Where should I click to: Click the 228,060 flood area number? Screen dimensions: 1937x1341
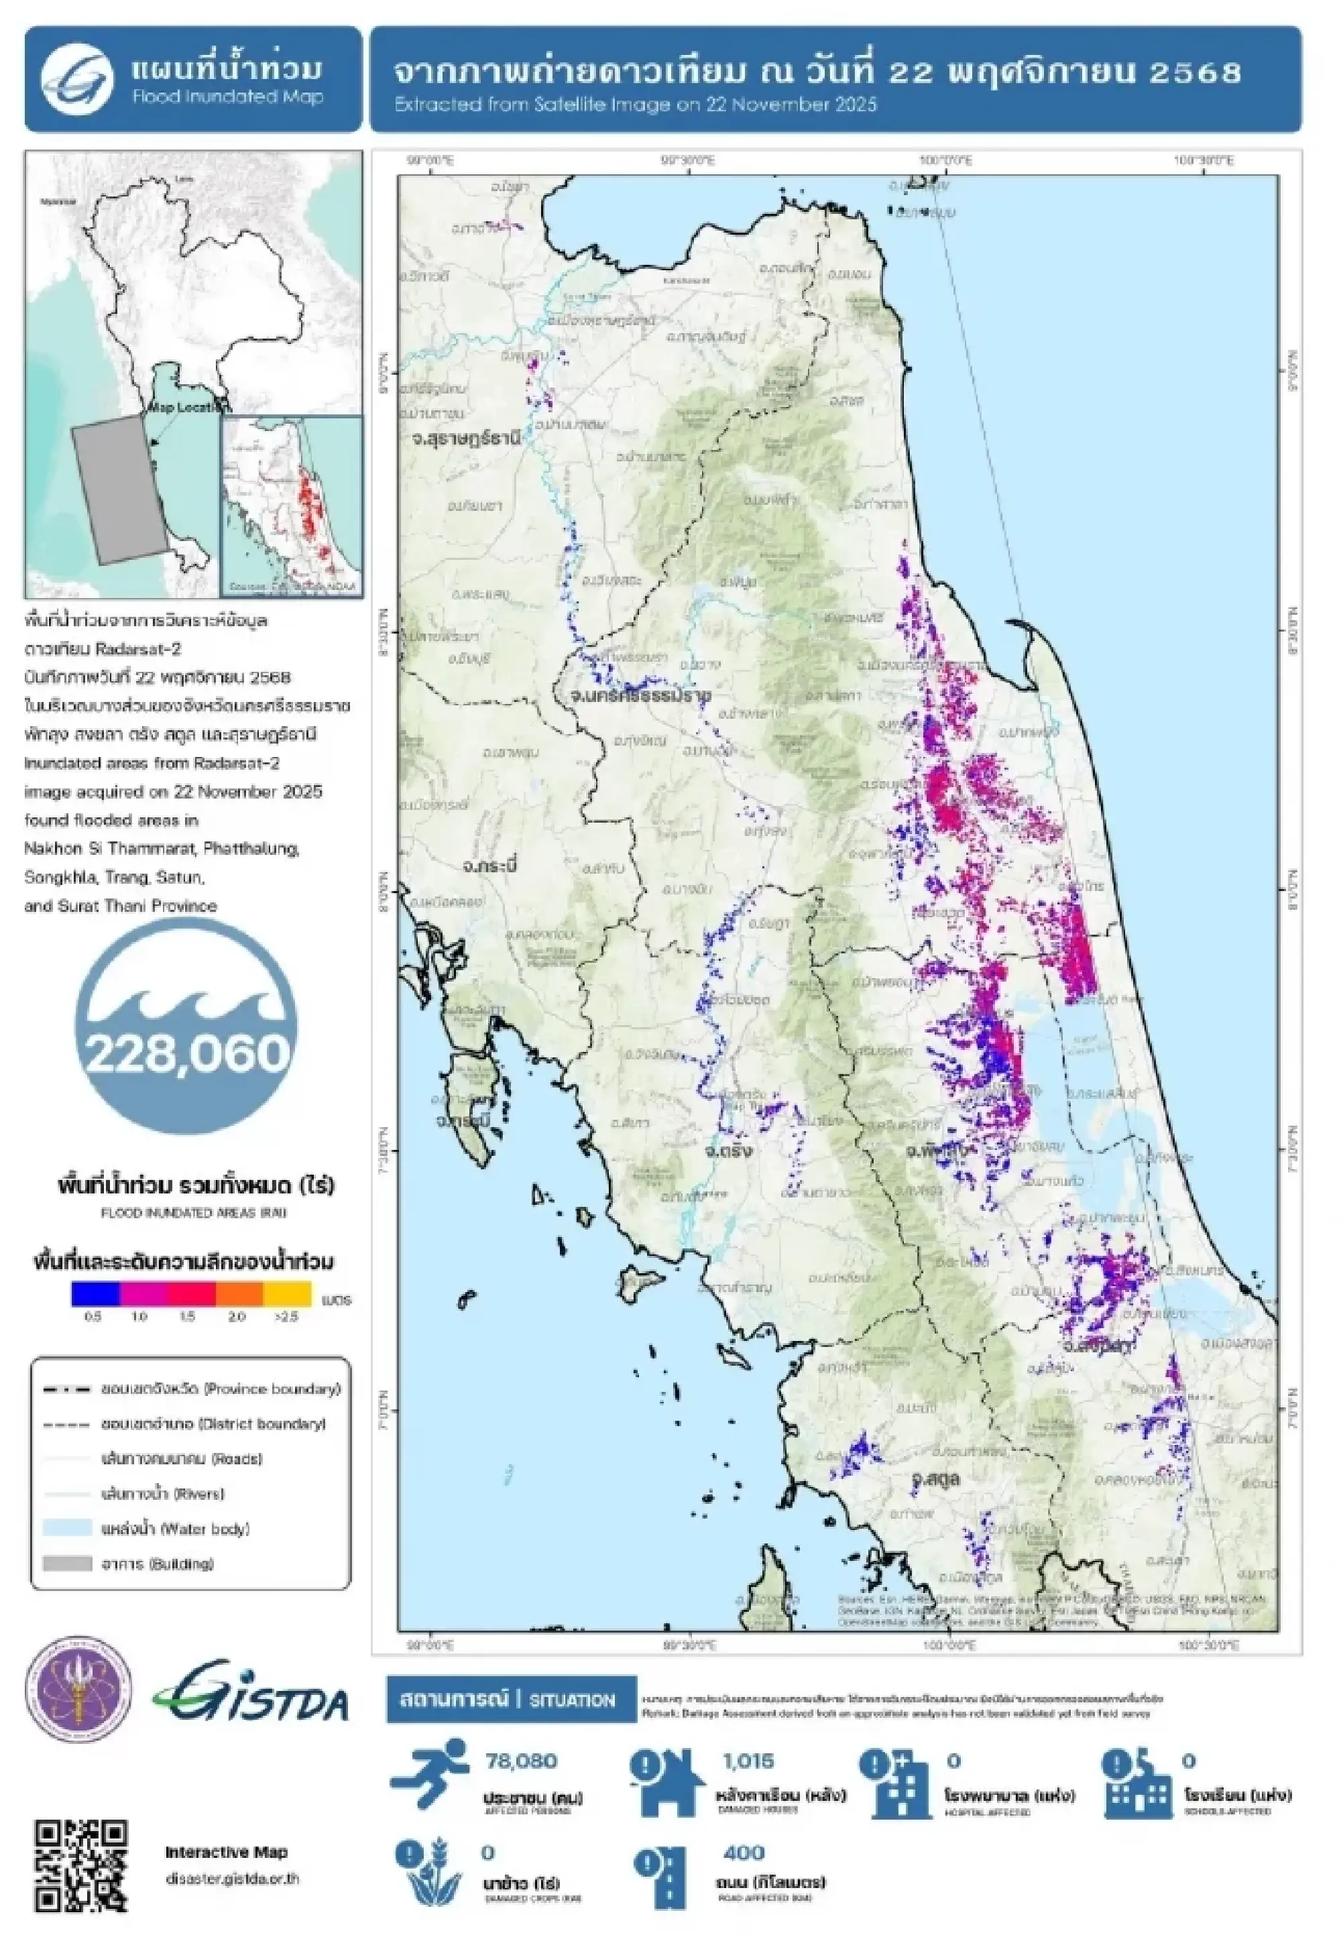point(186,1053)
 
